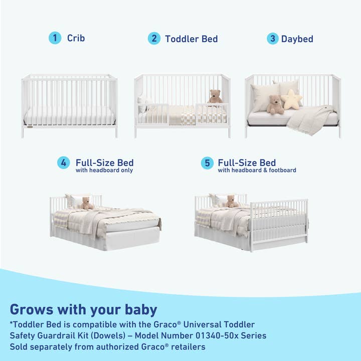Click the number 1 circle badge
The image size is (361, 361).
(x=55, y=38)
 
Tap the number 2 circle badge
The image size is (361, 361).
(x=154, y=39)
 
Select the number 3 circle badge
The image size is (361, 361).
(x=272, y=39)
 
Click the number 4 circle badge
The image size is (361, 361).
(x=63, y=163)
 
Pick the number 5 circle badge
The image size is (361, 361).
(x=207, y=163)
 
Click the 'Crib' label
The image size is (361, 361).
(x=76, y=38)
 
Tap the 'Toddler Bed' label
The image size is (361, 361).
(x=191, y=39)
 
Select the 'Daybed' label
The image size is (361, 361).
(x=297, y=39)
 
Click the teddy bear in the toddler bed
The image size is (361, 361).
(x=215, y=97)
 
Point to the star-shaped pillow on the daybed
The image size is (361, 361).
(x=291, y=99)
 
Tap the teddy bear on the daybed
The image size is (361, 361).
(x=275, y=105)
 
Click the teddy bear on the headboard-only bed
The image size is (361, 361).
(x=87, y=203)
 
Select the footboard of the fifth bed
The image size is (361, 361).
(x=279, y=223)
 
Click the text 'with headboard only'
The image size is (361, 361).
(x=104, y=170)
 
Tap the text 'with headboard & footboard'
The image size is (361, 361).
(x=257, y=170)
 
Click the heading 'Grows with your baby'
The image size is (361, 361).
(x=83, y=309)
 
